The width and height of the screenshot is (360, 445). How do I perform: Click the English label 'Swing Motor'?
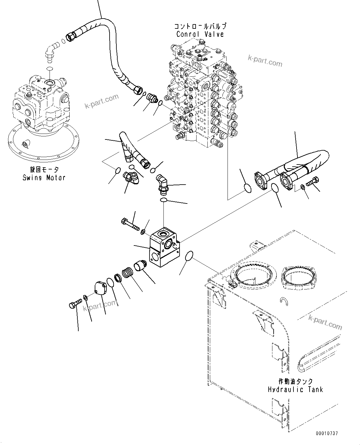click(x=44, y=178)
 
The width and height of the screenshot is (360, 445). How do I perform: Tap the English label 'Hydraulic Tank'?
click(x=295, y=389)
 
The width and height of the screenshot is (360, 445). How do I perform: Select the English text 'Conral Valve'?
click(x=200, y=34)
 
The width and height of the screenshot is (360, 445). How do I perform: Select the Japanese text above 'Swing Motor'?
click(x=43, y=170)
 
